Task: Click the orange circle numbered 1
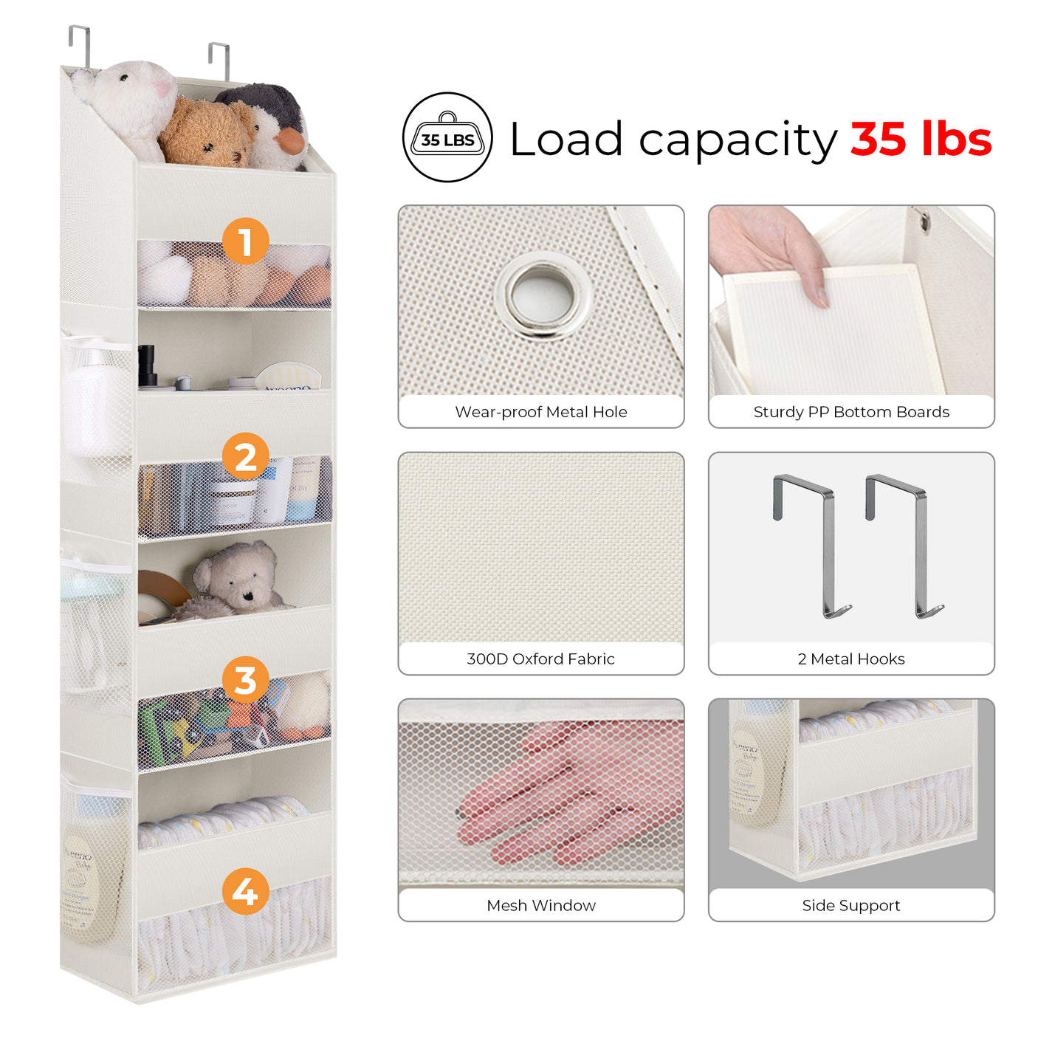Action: [245, 241]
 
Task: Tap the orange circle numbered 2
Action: [245, 456]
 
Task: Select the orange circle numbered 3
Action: [245, 680]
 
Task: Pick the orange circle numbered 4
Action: [245, 891]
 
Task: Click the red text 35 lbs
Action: [921, 139]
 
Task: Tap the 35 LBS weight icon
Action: [447, 137]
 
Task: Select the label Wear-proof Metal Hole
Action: [540, 412]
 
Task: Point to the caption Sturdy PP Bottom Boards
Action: [850, 412]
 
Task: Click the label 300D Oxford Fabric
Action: [540, 659]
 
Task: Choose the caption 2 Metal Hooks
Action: [850, 659]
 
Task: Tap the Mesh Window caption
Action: [540, 905]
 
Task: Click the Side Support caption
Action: [850, 905]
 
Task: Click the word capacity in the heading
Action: [738, 140]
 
